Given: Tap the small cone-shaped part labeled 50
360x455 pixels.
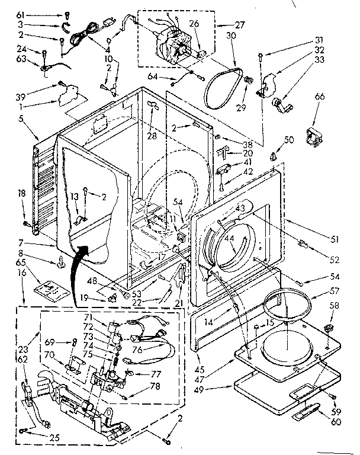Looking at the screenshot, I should (274, 156).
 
